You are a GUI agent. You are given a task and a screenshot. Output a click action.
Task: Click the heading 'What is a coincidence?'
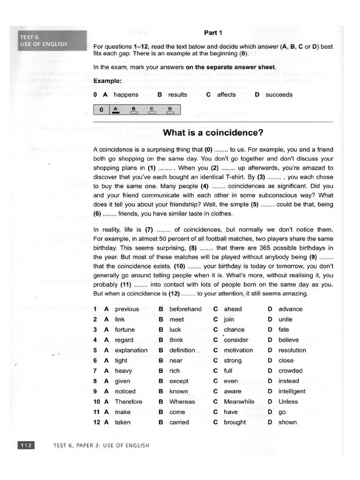213,133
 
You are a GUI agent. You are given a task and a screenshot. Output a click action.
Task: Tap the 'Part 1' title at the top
213,32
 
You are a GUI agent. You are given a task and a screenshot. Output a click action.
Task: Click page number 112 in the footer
25,445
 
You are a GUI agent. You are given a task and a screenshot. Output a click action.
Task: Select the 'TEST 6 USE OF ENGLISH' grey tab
52,40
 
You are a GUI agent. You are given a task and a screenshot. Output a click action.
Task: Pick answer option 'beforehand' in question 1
185,309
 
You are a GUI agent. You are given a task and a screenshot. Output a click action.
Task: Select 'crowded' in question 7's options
290,371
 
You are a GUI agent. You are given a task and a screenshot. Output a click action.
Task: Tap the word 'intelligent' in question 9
292,391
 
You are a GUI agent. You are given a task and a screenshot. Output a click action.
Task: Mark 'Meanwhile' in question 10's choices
239,402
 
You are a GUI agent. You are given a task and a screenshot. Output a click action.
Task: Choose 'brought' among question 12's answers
234,422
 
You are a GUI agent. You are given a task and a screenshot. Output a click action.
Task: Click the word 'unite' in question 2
285,319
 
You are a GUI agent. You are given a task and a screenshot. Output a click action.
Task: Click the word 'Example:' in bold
107,81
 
